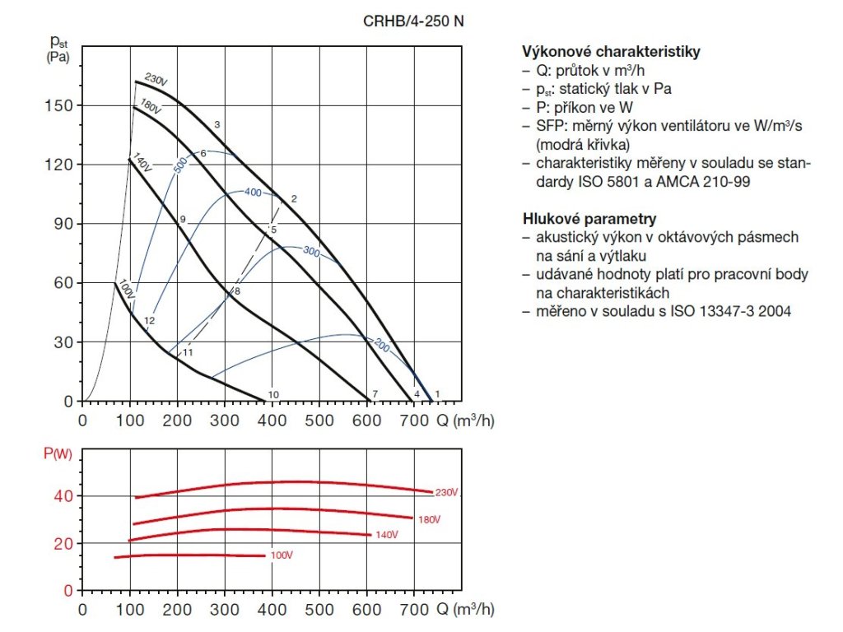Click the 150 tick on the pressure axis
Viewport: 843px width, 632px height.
pos(63,105)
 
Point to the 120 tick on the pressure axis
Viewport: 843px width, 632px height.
pos(63,165)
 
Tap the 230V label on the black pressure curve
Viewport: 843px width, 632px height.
pos(156,81)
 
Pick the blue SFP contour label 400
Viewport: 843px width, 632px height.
pos(253,192)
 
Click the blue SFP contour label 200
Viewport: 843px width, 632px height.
pos(380,346)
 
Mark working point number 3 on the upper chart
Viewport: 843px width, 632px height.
pos(217,124)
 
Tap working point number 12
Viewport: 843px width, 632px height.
pos(149,320)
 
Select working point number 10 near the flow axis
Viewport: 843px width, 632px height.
pos(273,395)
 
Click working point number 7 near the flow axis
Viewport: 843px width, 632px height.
pos(375,395)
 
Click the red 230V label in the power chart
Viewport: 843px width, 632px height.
pos(445,492)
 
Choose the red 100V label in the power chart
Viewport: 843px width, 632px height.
pos(281,555)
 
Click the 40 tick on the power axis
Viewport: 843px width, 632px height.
pos(64,495)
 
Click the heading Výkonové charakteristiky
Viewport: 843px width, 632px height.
pos(611,52)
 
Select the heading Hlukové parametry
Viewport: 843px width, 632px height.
pos(589,219)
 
